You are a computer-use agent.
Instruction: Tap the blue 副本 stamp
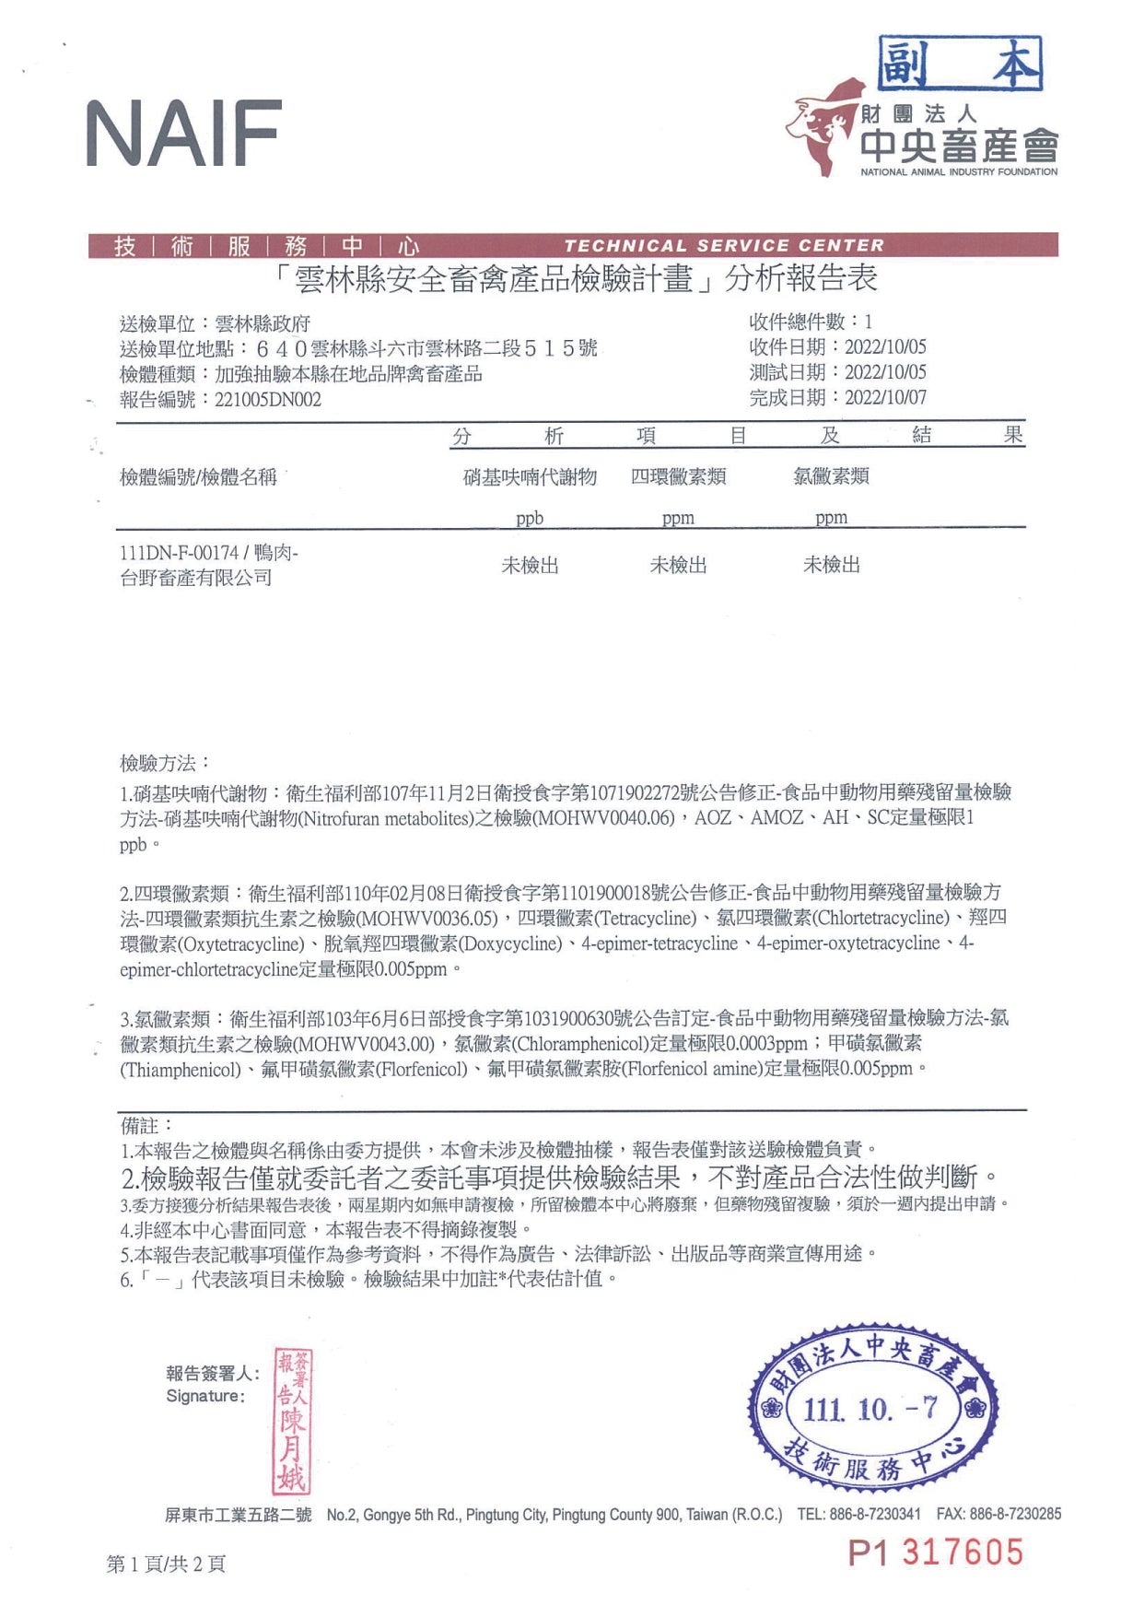coord(960,64)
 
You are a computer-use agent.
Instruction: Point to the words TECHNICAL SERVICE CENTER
coord(724,246)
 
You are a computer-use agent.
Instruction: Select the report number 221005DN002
coord(268,400)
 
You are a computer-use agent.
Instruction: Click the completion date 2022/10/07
coord(885,398)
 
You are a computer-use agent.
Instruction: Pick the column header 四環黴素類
coord(678,477)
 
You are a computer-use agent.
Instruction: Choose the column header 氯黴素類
coord(831,476)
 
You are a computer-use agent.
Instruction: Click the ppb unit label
coord(530,518)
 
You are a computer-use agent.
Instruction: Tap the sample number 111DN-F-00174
coord(179,553)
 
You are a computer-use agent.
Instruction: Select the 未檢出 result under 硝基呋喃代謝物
coord(530,566)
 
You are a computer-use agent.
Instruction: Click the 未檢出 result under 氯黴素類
coord(831,565)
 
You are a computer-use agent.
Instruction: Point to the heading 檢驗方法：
coord(165,763)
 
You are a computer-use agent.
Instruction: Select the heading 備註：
coord(146,1125)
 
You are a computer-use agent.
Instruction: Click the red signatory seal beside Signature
coord(293,1423)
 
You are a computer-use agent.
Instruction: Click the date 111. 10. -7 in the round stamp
coord(870,1409)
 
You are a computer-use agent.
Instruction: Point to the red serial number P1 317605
coord(935,1553)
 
